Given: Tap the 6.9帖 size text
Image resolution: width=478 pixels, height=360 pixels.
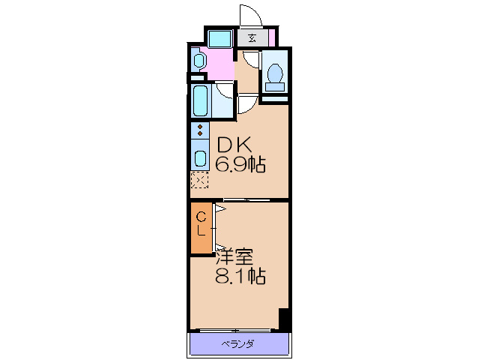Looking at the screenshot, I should click(x=240, y=164).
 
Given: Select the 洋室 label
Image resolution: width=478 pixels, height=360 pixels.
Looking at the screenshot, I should click(x=235, y=257).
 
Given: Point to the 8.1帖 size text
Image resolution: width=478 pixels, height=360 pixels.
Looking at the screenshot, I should click(x=240, y=276).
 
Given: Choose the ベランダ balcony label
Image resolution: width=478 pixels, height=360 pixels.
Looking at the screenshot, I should click(x=238, y=344).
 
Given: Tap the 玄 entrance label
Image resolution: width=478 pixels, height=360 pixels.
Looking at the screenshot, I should click(x=252, y=37).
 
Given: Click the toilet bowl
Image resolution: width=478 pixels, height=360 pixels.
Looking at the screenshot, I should click(x=275, y=73).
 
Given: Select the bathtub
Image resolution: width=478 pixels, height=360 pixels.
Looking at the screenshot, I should click(x=201, y=100).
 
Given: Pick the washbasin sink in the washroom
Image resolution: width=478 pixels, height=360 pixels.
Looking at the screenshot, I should click(x=198, y=61).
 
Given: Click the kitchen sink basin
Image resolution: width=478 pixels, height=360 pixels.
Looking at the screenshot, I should click(x=201, y=158).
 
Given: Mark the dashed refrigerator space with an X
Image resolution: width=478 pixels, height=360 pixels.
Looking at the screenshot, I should click(x=200, y=180).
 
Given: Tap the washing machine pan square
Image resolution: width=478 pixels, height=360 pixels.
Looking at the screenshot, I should click(x=220, y=38).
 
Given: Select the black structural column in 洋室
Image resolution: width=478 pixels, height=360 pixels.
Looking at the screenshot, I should click(x=284, y=319).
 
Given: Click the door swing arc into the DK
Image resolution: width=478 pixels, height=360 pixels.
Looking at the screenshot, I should click(x=248, y=103).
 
